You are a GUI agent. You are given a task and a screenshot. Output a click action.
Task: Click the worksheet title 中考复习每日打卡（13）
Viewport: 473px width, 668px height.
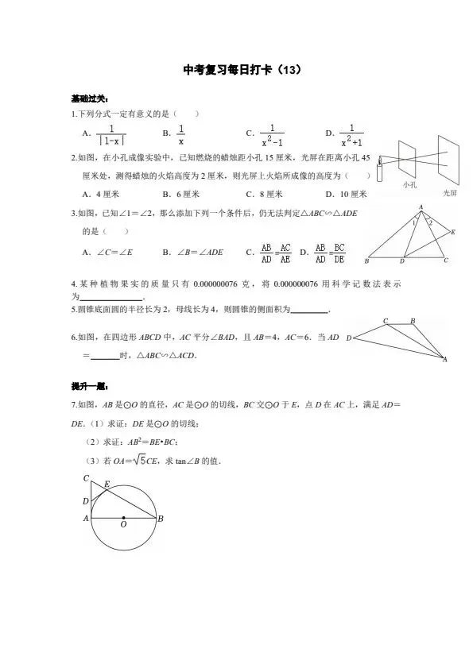236,71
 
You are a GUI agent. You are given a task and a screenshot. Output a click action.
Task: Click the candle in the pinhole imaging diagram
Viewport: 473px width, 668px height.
381,170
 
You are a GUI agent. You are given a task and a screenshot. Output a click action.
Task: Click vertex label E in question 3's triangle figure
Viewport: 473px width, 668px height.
452,232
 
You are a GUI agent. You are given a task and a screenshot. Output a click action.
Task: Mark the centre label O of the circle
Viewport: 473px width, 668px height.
123,524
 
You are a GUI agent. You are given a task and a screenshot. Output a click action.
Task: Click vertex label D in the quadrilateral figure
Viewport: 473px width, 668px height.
349,338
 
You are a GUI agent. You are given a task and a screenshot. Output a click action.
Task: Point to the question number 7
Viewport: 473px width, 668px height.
72,405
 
